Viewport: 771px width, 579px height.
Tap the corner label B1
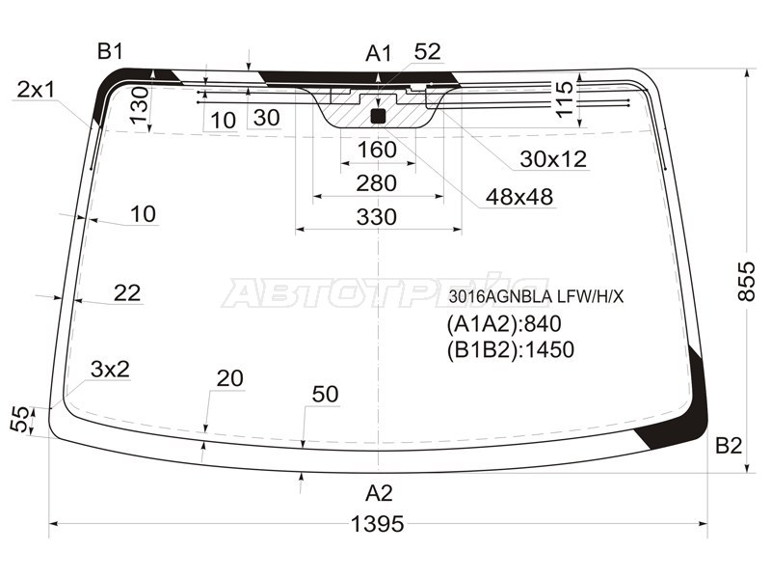coord(110,51)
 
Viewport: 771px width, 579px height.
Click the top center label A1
coord(379,54)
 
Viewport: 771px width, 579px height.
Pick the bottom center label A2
coord(379,493)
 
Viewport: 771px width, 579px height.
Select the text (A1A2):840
coord(503,323)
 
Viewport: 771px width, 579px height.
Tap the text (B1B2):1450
coord(510,349)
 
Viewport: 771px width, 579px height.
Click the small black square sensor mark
coord(379,117)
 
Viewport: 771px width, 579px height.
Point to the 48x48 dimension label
coord(518,198)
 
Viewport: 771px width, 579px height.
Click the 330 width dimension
coord(376,217)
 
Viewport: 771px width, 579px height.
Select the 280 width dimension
coord(376,183)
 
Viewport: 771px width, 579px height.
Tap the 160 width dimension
coord(377,150)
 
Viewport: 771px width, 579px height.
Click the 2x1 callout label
coord(36,90)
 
